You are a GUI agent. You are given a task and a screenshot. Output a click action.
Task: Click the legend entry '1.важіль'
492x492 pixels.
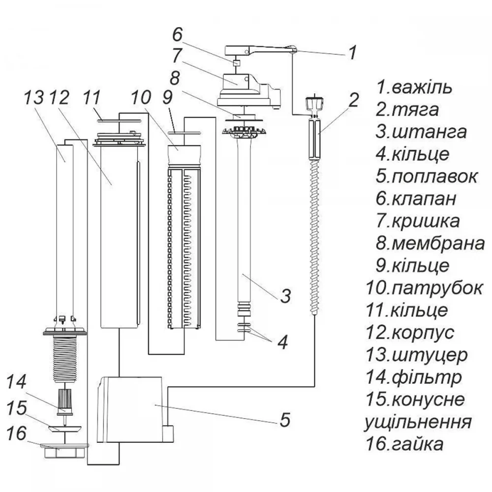point(414,88)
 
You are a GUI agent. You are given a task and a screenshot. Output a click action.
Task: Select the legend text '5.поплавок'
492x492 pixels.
point(427,177)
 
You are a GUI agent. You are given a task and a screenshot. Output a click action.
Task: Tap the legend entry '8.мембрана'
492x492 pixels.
point(430,244)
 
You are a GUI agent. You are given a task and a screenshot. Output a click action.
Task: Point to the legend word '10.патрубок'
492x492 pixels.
point(424,288)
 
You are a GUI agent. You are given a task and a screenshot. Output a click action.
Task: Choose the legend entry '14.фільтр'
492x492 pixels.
point(414,377)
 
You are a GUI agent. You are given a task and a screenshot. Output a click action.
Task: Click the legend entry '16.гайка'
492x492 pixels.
point(405,444)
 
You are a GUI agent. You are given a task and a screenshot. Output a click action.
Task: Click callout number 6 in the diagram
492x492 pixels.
point(177,34)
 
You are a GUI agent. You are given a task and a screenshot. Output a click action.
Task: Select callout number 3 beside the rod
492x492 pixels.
point(285,296)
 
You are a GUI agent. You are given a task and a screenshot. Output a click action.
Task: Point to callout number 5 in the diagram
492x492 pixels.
point(285,420)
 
